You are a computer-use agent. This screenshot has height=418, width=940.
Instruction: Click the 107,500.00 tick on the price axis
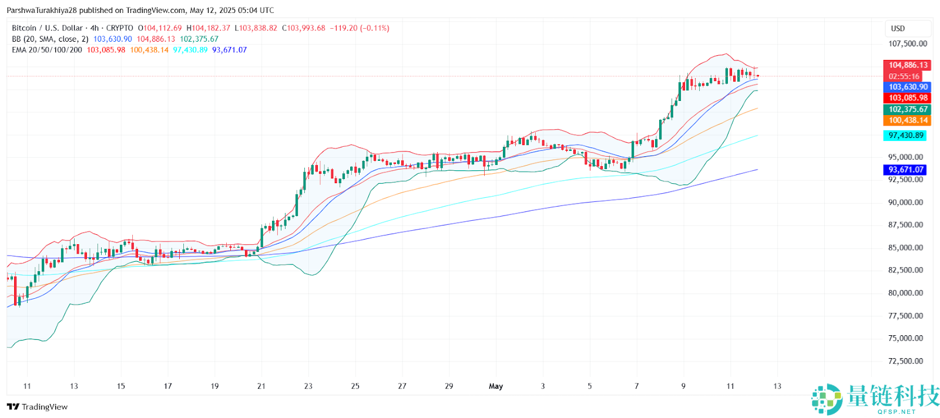point(907,43)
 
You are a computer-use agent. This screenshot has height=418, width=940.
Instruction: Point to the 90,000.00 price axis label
point(905,203)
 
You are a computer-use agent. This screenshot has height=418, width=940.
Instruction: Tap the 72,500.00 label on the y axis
point(905,361)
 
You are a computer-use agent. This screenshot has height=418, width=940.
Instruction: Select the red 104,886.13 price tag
point(908,65)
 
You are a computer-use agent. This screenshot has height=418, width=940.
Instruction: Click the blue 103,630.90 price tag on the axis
point(908,87)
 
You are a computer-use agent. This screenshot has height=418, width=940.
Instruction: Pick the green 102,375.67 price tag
point(908,109)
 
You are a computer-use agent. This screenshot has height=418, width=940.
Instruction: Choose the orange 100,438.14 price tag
point(908,120)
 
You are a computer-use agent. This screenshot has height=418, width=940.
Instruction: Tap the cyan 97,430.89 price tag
point(905,135)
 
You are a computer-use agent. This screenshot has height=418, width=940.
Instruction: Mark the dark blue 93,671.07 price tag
point(905,170)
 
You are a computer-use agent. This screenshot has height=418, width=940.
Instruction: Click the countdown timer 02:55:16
point(904,76)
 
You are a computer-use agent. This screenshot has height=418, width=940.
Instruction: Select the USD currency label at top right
point(898,28)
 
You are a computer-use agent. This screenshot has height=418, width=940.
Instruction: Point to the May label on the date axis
point(496,386)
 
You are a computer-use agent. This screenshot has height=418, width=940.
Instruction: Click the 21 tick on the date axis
point(261,386)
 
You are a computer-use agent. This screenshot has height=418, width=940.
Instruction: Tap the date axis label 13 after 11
point(777,386)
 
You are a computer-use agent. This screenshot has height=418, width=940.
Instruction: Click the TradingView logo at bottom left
point(38,407)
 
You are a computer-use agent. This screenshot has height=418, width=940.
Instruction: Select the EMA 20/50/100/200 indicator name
point(47,50)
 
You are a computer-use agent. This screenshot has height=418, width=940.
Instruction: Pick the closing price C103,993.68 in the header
point(303,28)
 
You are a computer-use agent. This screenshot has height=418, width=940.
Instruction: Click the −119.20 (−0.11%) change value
point(360,28)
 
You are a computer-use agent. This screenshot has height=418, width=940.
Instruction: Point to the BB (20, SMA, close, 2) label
point(50,39)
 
